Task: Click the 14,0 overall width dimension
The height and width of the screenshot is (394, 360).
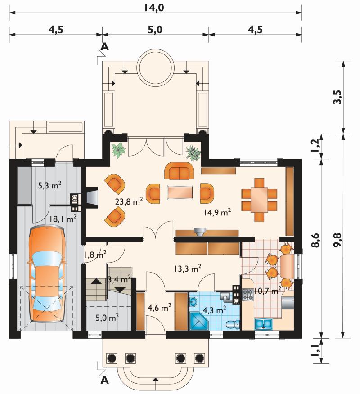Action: pyautogui.click(x=154, y=8)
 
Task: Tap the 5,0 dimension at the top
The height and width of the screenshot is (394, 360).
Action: pyautogui.click(x=155, y=30)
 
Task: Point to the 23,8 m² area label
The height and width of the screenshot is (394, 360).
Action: pyautogui.click(x=129, y=201)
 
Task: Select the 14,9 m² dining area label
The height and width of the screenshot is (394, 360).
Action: pyautogui.click(x=217, y=212)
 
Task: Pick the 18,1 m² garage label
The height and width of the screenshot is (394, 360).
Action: pyautogui.click(x=63, y=219)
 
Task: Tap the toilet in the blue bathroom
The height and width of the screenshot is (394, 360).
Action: pyautogui.click(x=233, y=324)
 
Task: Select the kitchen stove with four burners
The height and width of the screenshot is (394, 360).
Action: pyautogui.click(x=248, y=295)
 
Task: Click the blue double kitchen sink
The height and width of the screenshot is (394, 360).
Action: pyautogui.click(x=264, y=324)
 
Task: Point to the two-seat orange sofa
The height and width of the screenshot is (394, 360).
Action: pyautogui.click(x=179, y=170)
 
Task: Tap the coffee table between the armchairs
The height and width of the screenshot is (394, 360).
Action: pyautogui.click(x=180, y=192)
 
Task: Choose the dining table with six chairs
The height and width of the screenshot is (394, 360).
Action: pyautogui.click(x=260, y=200)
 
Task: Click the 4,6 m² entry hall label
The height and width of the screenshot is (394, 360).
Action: pyautogui.click(x=160, y=307)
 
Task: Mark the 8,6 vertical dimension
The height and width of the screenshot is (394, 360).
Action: pyautogui.click(x=316, y=240)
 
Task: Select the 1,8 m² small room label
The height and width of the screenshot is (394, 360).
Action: pyautogui.click(x=95, y=255)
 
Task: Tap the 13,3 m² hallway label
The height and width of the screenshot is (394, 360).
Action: pyautogui.click(x=187, y=269)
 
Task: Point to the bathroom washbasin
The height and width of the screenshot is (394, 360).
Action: pyautogui.click(x=193, y=301)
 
